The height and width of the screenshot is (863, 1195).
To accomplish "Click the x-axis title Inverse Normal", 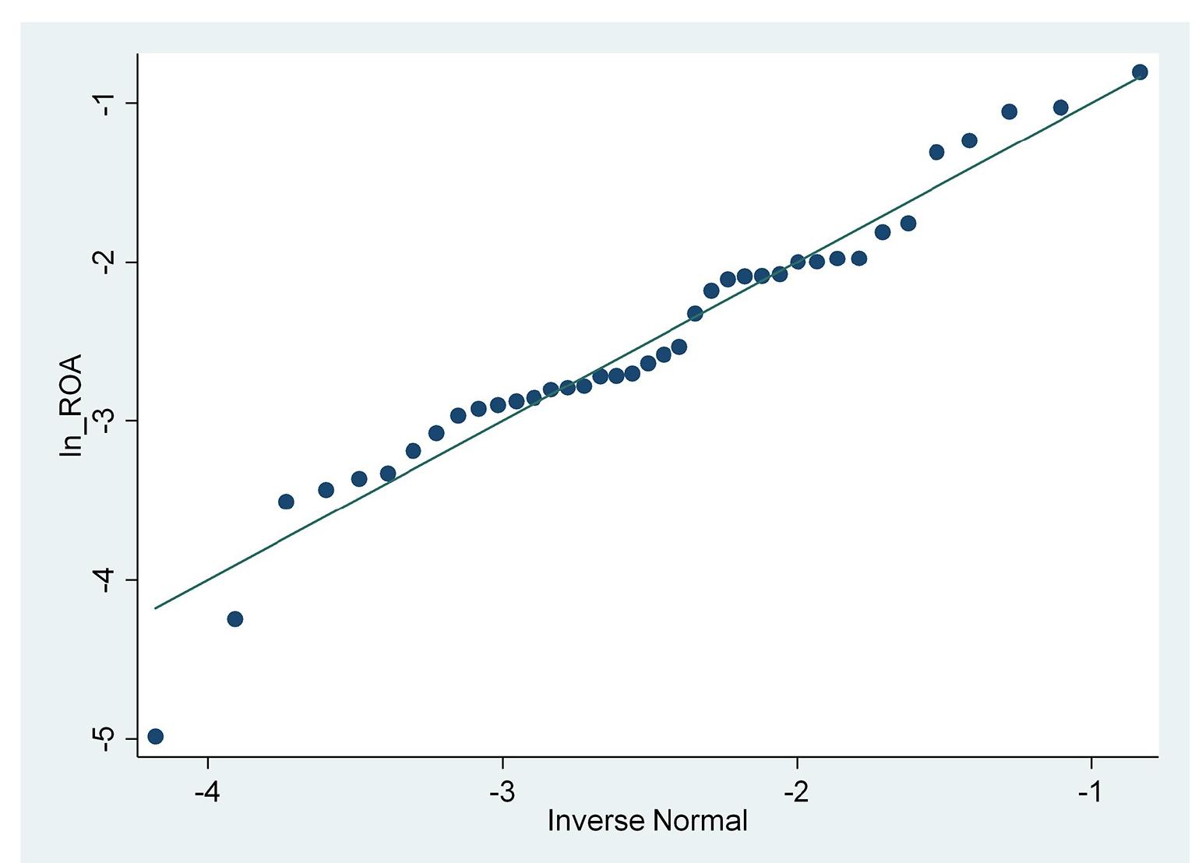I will click(647, 821).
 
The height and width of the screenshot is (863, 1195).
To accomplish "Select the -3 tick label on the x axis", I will click(502, 793).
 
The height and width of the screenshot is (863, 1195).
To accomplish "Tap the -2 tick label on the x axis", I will click(797, 793).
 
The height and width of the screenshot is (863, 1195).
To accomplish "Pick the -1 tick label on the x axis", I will click(1091, 793).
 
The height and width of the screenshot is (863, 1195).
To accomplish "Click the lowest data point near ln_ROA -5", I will click(155, 736).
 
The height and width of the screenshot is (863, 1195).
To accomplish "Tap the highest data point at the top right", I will click(1140, 72).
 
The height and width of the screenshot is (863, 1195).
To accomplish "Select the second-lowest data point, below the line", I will click(234, 619).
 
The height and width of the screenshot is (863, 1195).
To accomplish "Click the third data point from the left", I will click(286, 502).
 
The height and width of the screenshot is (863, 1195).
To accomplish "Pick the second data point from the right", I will click(1060, 107).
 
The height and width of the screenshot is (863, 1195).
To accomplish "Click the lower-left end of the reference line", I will click(156, 608).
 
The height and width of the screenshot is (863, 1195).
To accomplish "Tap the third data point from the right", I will click(1009, 111).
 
